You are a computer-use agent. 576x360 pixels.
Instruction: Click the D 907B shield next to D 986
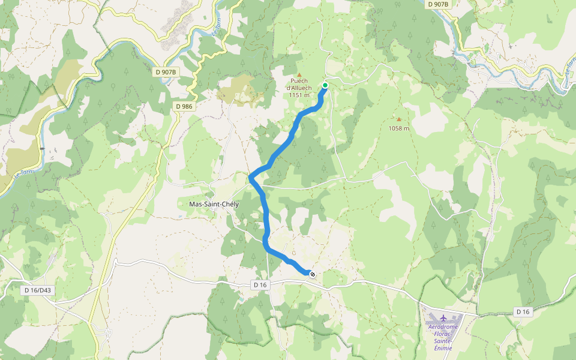[x=166, y=72]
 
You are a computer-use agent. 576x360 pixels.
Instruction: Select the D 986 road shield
[x=184, y=106]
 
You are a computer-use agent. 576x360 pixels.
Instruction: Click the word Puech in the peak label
[x=299, y=81]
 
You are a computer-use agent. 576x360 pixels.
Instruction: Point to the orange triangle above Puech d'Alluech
[x=299, y=74]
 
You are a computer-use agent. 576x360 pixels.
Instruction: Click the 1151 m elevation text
[x=299, y=95]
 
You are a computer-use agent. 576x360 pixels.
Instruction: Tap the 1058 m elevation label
[x=398, y=128]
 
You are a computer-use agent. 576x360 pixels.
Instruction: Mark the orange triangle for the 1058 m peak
[x=399, y=119]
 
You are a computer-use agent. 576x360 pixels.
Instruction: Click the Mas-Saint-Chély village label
[x=214, y=204]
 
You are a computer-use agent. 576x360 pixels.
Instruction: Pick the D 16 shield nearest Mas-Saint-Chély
[x=260, y=284]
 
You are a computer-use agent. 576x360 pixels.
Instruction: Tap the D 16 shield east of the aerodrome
[x=523, y=311]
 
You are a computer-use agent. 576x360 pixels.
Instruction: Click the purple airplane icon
[x=443, y=317]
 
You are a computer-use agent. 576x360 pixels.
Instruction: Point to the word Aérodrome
[x=443, y=327]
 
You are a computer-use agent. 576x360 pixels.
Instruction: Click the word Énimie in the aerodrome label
[x=443, y=348]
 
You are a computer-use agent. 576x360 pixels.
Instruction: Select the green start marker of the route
[x=325, y=85]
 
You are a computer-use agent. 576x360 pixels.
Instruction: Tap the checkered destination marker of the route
[x=313, y=274]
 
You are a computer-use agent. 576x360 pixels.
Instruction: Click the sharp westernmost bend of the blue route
[x=251, y=176]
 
